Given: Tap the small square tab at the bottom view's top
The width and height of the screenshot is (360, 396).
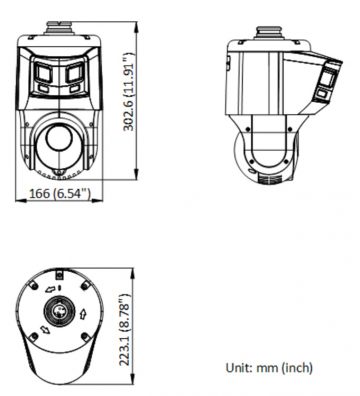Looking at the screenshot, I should (x=59, y=271).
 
